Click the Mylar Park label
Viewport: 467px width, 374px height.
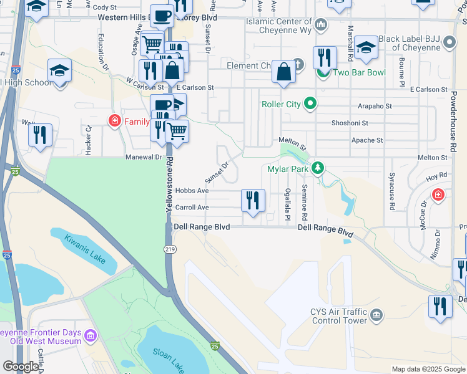[288, 168]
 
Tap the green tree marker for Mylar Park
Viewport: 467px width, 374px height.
[318, 168]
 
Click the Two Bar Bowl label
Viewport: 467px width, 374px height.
[359, 73]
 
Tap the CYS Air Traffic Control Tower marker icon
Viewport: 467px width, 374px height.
[376, 314]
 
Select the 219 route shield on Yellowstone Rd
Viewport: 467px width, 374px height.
[169, 231]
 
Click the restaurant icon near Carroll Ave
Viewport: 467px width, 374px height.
[253, 201]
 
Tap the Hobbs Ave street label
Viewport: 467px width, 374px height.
[192, 191]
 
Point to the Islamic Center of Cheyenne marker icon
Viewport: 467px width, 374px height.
[321, 25]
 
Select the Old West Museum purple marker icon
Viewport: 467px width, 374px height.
[91, 337]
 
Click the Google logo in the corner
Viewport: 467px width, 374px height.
[21, 367]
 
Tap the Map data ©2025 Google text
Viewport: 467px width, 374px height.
[427, 369]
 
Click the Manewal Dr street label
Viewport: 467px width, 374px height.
[143, 158]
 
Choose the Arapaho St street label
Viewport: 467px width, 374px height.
[375, 107]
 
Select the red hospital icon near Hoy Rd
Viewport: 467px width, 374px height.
[438, 195]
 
